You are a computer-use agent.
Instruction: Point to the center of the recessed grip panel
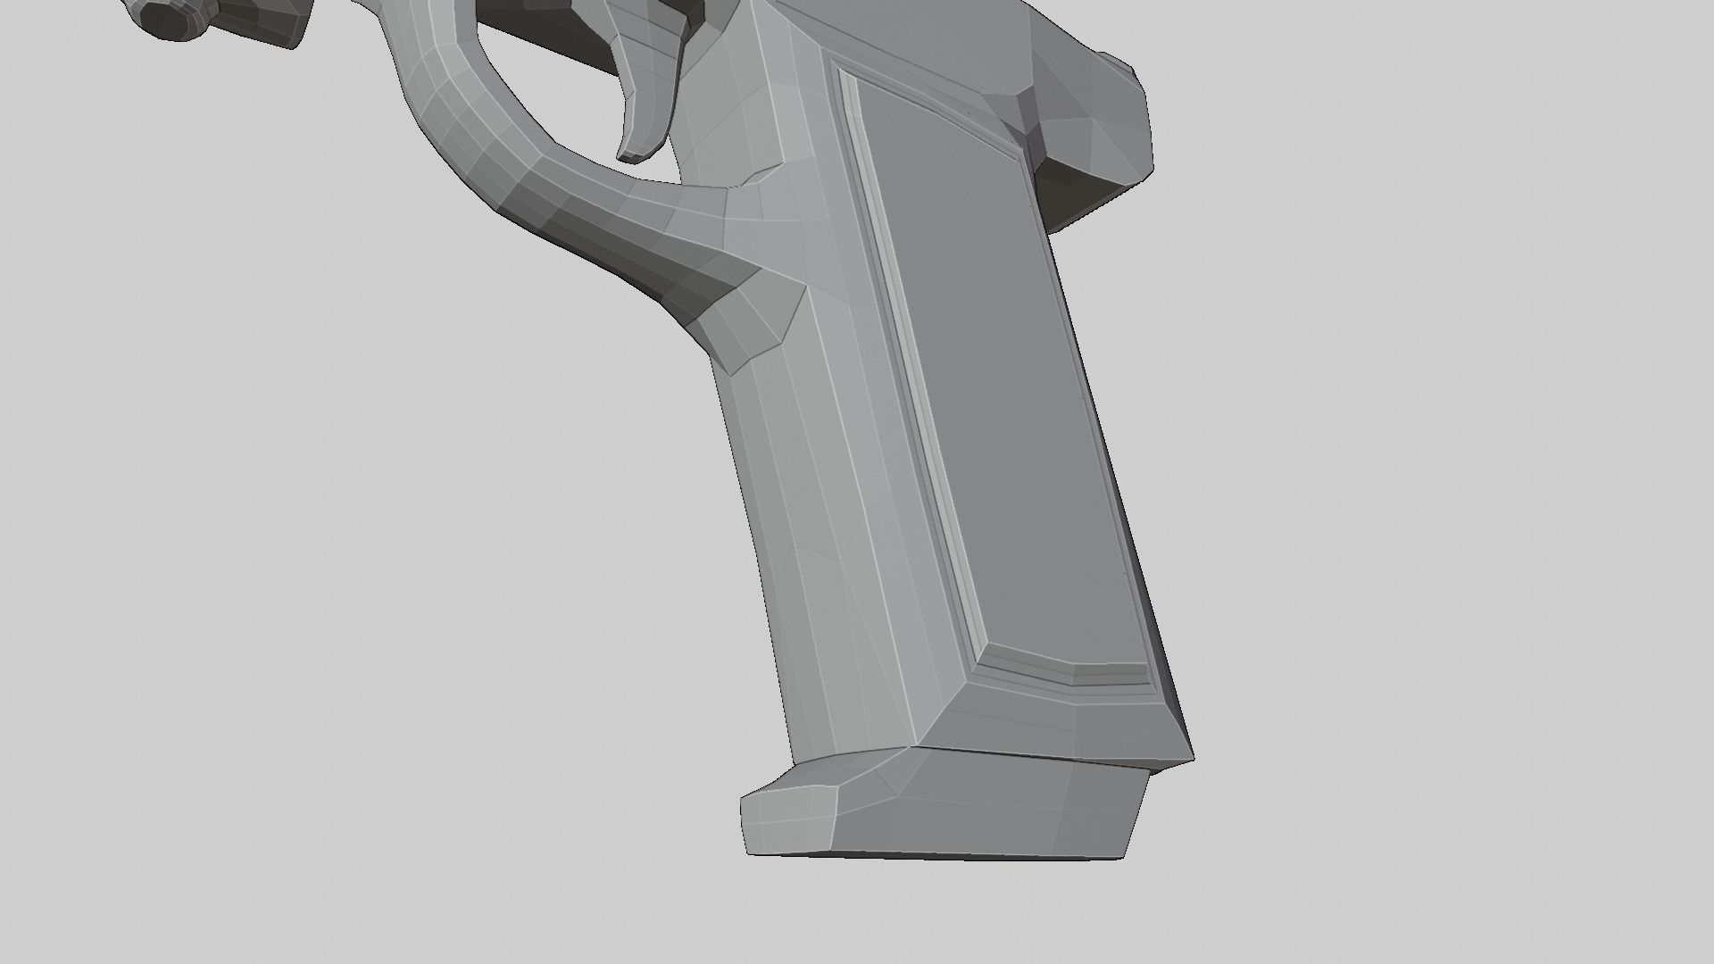pos(1000,384)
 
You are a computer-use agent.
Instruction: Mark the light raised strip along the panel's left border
pos(911,357)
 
